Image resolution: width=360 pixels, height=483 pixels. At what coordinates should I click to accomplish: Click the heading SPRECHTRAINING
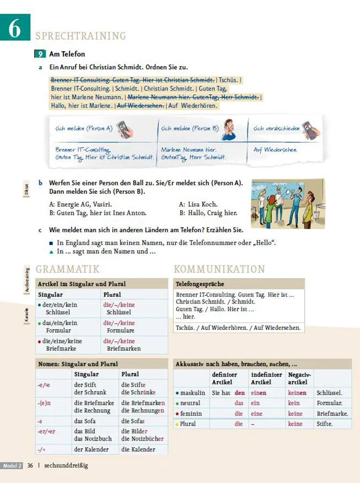[80, 36]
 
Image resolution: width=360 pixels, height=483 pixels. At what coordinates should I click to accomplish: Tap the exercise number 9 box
[40, 54]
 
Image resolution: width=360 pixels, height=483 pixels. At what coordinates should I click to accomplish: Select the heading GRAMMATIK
[67, 269]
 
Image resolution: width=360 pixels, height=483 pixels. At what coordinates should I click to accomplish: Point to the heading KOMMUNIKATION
[219, 269]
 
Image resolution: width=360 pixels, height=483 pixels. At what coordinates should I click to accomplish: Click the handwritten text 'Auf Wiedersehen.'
[275, 149]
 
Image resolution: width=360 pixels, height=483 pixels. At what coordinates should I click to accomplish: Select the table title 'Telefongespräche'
[199, 284]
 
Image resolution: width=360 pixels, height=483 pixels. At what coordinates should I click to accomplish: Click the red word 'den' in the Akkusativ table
[239, 393]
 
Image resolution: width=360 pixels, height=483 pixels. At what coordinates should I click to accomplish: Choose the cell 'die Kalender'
[138, 449]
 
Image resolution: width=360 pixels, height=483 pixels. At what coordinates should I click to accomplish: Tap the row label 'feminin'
[191, 414]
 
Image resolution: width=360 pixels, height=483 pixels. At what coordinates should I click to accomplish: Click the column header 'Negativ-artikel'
[299, 378]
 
